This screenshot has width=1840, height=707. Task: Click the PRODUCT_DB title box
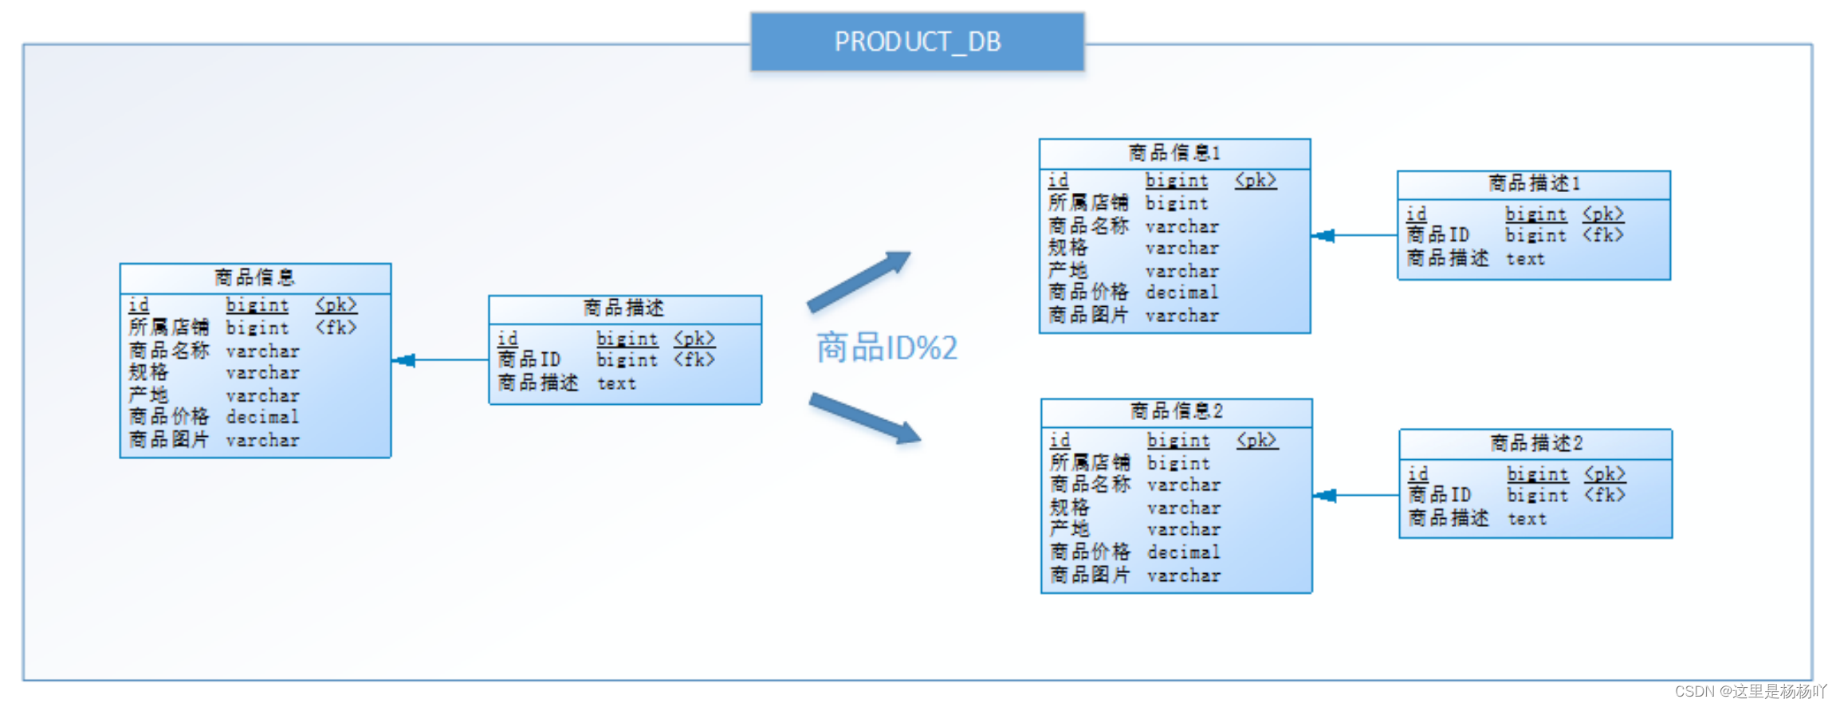(917, 41)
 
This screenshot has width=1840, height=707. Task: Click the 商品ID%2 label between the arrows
(887, 348)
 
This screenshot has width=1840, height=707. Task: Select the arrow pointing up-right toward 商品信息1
(859, 281)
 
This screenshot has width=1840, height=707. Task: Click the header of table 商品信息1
(1174, 153)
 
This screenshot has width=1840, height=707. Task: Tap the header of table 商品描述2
(1535, 443)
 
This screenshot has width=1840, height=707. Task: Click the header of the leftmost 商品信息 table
(255, 277)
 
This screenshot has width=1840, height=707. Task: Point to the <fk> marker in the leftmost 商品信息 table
(336, 328)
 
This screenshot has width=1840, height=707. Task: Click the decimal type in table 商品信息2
(1183, 552)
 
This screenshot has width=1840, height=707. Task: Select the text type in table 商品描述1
(1525, 259)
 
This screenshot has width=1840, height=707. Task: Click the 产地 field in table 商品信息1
(1067, 270)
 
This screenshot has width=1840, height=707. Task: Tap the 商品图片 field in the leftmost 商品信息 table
(169, 440)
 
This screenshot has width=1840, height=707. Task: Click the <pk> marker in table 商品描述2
(1604, 474)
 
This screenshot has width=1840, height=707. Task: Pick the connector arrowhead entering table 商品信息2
(1325, 496)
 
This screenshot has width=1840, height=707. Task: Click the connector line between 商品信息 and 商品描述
(446, 360)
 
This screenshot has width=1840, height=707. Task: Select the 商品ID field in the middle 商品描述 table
(529, 360)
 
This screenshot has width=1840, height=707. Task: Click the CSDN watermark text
(1750, 691)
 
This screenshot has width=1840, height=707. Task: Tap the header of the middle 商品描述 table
(624, 308)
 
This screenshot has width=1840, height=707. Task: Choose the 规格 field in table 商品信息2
(1069, 508)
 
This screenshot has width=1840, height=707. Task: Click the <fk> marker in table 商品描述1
(1602, 235)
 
